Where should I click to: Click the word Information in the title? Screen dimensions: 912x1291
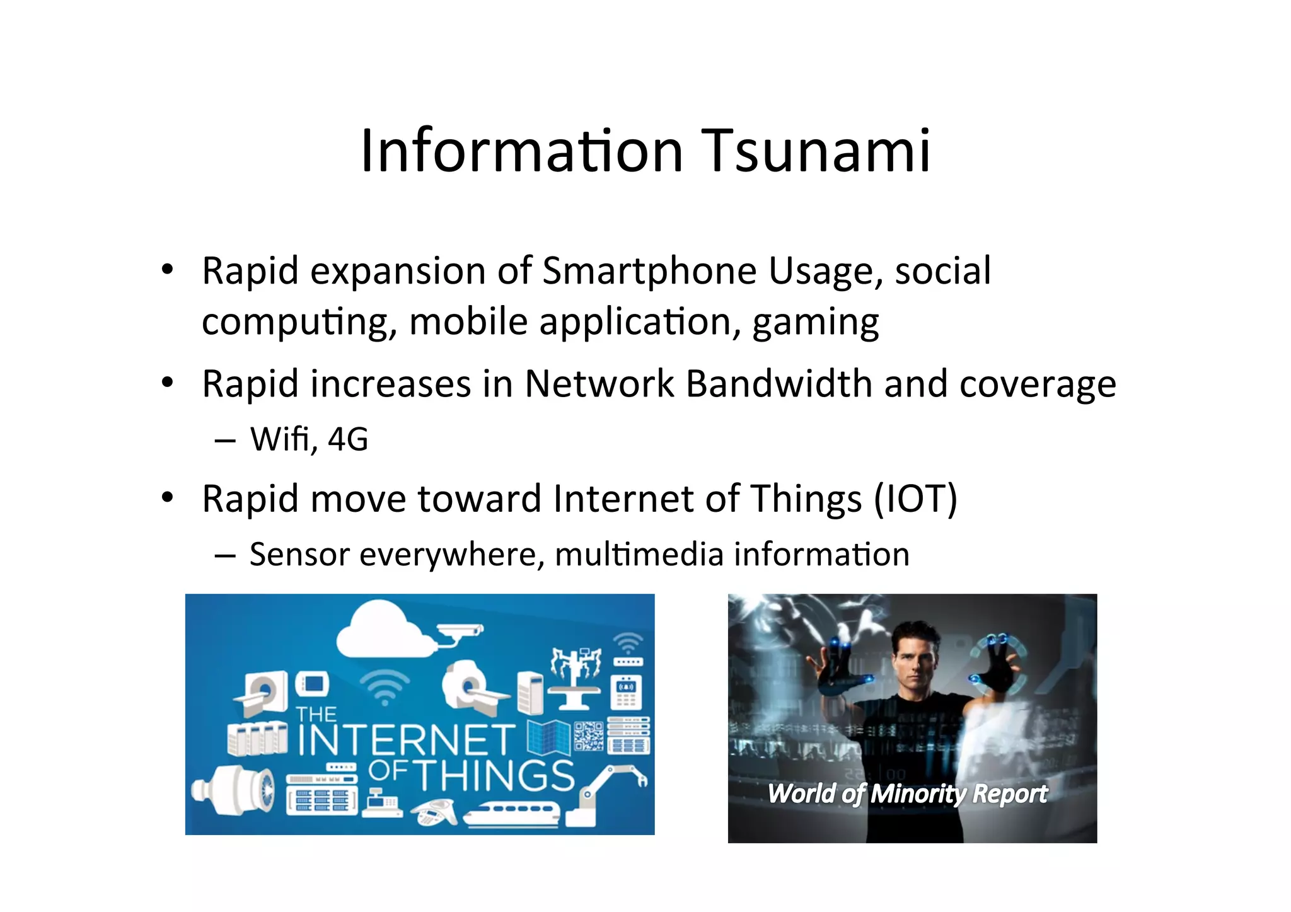pos(521,151)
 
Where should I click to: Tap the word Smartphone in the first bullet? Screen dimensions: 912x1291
pos(649,271)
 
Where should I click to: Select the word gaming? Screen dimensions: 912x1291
pos(815,323)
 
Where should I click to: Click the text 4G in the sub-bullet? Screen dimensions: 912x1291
pos(348,439)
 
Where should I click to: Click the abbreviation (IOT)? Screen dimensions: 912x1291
pos(915,499)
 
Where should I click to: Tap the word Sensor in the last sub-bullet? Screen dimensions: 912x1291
pos(299,555)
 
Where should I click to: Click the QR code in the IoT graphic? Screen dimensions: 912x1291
pos(588,736)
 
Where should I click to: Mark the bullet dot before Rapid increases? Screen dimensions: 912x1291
pos(167,383)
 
